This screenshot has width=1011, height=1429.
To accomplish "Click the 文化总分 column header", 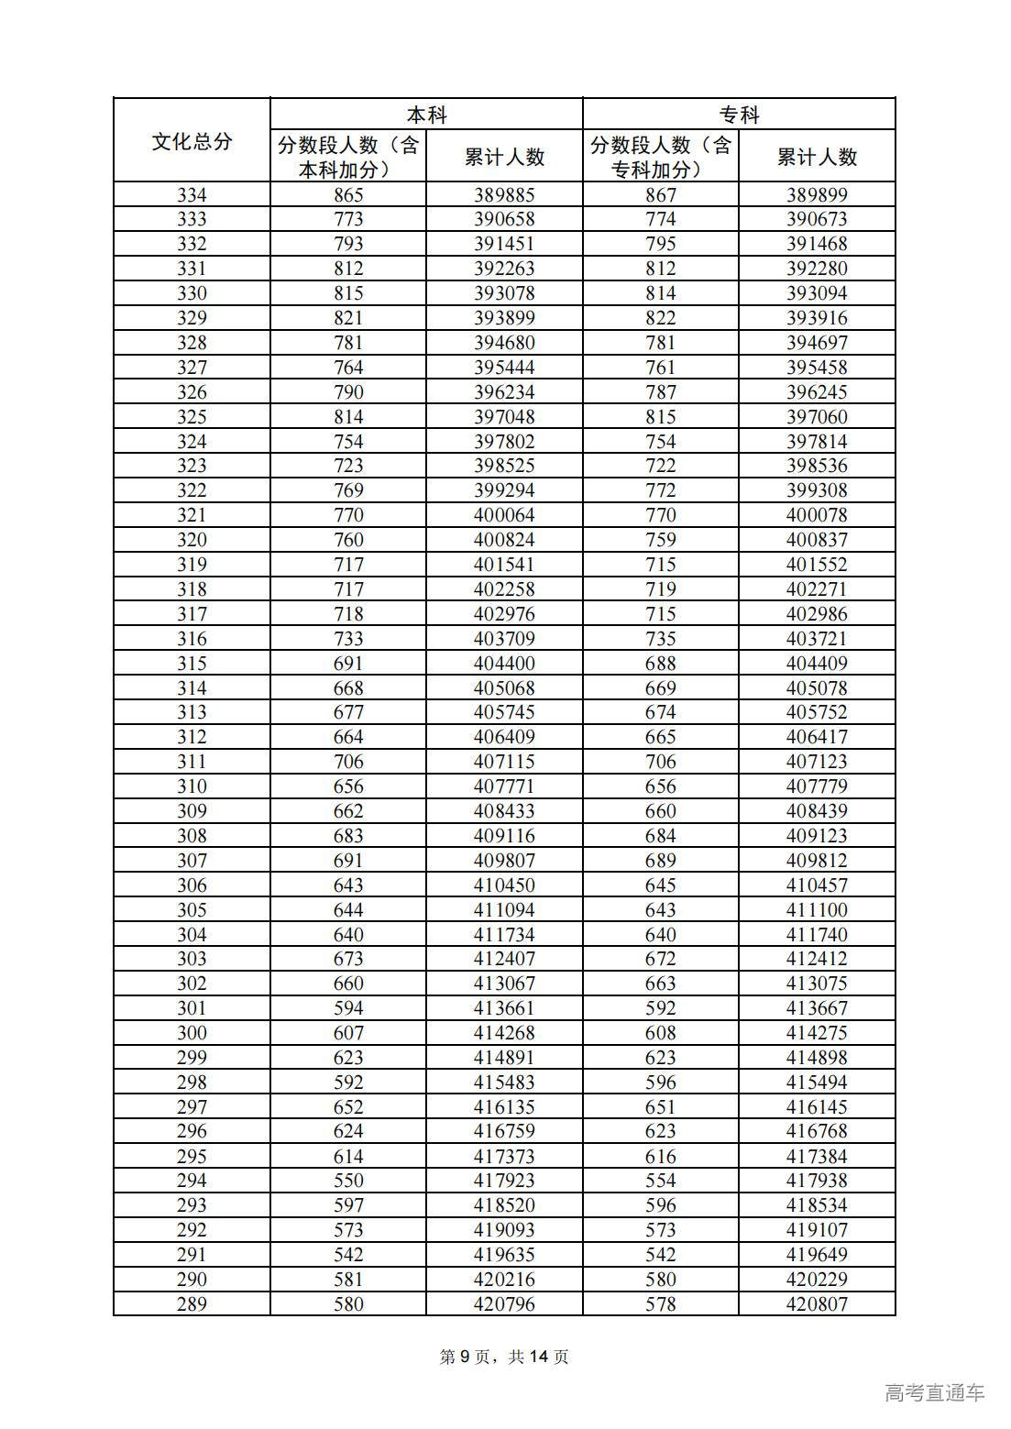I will coord(192,141).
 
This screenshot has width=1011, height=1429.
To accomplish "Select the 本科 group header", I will coord(426,115).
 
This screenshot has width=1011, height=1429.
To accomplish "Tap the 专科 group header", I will coord(739,115).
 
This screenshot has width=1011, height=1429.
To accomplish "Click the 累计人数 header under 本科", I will coord(504,157).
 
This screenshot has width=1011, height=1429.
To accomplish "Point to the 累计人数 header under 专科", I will coord(817,157).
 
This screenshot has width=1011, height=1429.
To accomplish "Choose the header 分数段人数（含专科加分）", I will coord(660,157).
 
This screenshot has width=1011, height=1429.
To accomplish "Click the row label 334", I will coord(192,194).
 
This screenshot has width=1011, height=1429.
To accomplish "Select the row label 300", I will coord(192,1032).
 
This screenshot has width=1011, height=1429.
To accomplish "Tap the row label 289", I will coord(192,1303).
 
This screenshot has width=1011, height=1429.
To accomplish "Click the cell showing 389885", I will coord(504,194).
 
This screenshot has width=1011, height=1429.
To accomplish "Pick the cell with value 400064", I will coord(504,515).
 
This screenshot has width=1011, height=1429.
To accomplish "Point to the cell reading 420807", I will coord(817,1303).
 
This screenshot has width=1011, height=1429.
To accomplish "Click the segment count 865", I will coord(348,194).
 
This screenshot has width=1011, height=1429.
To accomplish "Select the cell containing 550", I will coord(348,1181).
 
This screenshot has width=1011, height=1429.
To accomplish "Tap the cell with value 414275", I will coord(817,1032).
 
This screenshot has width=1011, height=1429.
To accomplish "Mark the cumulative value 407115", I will coord(504,762).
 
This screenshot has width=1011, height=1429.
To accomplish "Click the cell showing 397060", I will coord(817,416).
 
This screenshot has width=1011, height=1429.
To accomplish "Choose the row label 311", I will coord(192,762).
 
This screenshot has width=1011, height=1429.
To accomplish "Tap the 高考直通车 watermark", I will coord(934,1392).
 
